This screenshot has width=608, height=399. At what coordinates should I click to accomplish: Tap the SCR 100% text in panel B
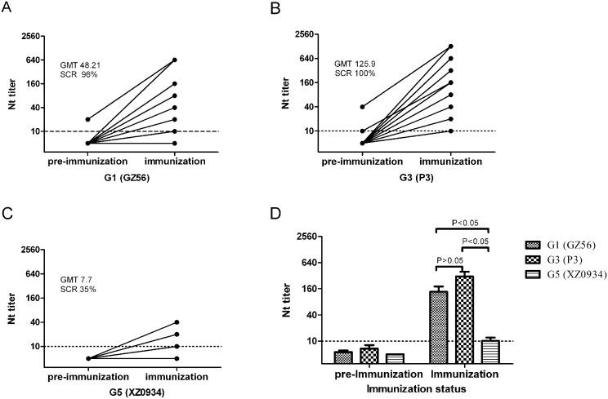pos(355,73)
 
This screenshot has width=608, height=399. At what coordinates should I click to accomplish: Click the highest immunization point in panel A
pos(175,60)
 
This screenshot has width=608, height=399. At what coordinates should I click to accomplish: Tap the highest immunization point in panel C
pos(175,321)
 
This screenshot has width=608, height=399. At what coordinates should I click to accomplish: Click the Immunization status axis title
pos(417,389)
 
